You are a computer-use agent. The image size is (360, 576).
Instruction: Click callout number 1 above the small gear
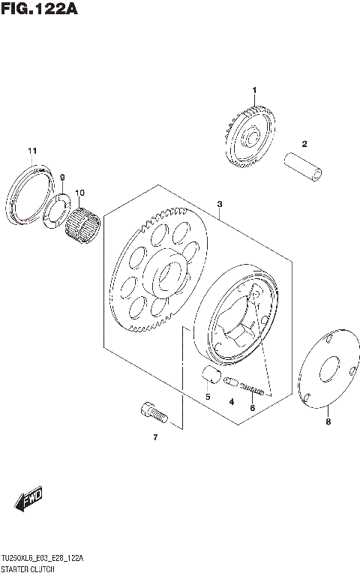coord(254,91)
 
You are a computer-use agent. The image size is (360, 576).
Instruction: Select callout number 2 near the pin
coord(305,143)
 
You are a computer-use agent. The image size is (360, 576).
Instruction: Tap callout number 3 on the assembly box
coord(220,204)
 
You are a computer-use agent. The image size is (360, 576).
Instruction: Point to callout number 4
coord(232,403)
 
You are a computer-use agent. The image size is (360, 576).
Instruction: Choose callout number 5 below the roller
coord(208,396)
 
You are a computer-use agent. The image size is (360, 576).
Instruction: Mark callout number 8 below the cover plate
coord(327,422)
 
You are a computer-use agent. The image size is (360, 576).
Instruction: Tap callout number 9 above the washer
coord(63,177)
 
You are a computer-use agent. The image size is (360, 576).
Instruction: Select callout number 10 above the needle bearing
coord(79,192)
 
